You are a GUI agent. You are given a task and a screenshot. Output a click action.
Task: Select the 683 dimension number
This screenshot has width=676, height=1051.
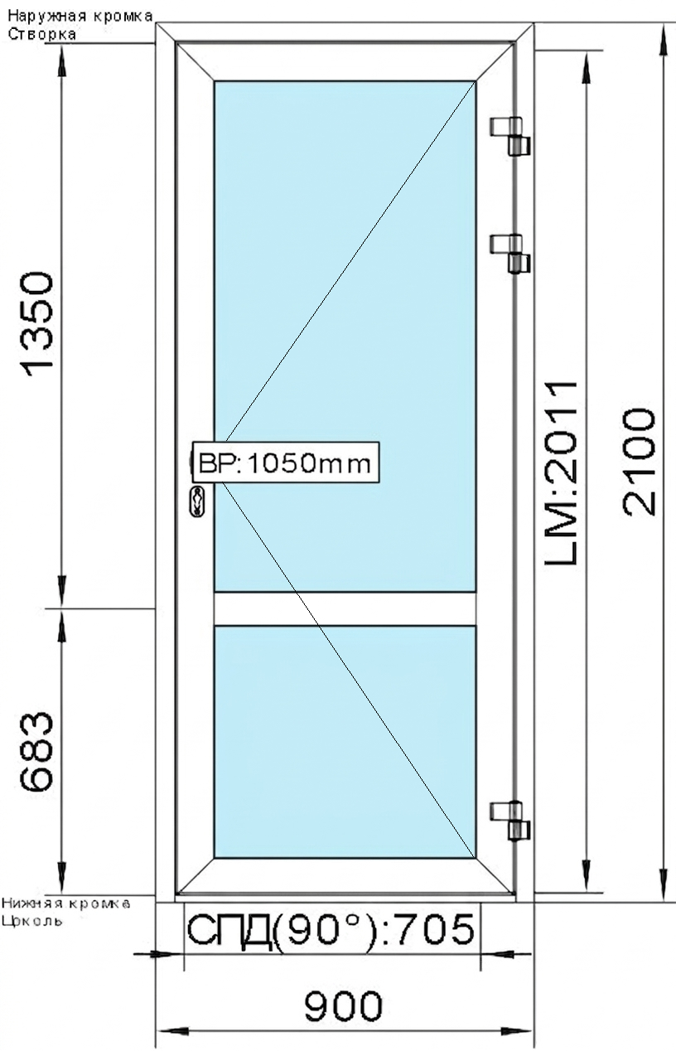click(x=38, y=753)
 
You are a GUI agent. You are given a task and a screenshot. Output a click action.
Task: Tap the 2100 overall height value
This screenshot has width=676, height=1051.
click(x=640, y=461)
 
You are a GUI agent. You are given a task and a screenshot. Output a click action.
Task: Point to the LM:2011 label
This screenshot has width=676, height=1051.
click(x=561, y=472)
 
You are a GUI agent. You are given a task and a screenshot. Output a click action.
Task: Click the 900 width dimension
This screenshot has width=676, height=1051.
click(x=343, y=1007)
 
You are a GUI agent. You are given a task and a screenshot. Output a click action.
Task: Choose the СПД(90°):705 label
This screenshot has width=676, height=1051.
click(x=331, y=930)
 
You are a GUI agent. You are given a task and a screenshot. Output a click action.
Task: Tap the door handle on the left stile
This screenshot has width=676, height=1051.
click(x=199, y=500)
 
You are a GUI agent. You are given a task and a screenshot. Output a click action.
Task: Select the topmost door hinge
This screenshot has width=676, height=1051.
click(x=511, y=135)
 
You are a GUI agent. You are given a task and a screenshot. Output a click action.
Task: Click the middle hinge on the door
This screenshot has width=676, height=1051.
click(x=511, y=253)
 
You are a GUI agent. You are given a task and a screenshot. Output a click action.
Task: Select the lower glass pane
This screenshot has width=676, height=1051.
click(x=345, y=742)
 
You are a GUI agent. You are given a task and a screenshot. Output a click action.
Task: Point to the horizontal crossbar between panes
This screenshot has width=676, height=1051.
click(x=345, y=608)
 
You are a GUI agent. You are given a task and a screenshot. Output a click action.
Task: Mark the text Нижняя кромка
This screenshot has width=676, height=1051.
click(x=66, y=903)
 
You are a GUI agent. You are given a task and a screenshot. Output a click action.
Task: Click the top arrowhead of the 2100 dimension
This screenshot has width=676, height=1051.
click(x=663, y=37)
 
